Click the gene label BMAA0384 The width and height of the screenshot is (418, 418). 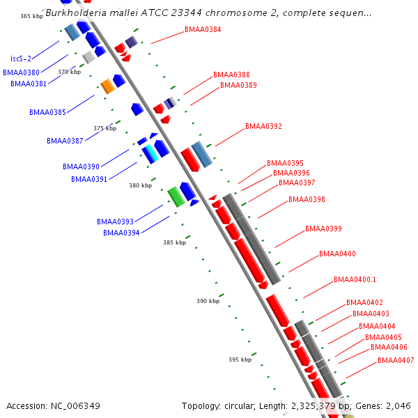click(x=203, y=29)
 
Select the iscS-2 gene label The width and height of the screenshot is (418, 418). click(x=21, y=59)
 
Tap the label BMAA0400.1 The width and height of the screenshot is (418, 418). click(x=355, y=279)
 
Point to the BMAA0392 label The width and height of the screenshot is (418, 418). click(x=263, y=126)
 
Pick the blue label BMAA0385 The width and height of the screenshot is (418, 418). click(x=47, y=112)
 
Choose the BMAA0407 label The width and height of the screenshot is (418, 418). click(x=396, y=360)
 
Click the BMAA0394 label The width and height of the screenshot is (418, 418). click(x=121, y=233)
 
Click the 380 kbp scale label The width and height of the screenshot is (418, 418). click(x=141, y=185)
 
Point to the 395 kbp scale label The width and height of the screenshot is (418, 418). click(x=240, y=359)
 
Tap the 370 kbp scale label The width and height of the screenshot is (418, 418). click(x=69, y=72)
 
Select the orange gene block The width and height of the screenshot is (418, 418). click(x=108, y=86)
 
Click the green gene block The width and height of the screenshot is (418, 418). click(x=176, y=196)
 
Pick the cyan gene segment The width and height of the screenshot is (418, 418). click(x=152, y=153)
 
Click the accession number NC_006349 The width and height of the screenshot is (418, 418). click(x=75, y=406)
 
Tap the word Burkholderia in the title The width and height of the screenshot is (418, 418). click(x=76, y=13)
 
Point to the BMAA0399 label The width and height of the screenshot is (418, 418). click(x=323, y=229)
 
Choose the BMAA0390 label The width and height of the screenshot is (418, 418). click(x=81, y=167)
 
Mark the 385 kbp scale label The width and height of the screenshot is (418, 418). click(x=175, y=242)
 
